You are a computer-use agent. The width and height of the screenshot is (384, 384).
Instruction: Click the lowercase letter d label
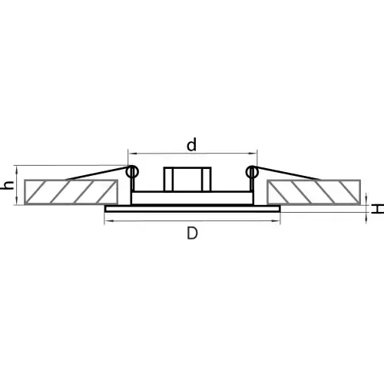tap(192, 144)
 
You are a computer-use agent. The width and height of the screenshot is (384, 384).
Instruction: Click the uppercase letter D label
tap(192, 233)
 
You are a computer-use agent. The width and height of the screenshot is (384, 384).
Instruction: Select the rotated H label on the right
tap(379, 209)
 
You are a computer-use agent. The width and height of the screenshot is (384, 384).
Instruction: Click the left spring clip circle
tap(132, 172)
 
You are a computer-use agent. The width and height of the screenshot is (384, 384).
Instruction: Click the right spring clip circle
tap(252, 172)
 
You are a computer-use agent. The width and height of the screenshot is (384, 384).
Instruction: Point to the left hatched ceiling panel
tap(71, 192)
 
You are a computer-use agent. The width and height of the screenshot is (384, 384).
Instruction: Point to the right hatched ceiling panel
tap(313, 192)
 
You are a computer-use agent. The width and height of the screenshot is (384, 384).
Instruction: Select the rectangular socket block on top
tap(187, 179)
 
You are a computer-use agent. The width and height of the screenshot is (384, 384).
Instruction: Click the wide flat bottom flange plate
tap(193, 209)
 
